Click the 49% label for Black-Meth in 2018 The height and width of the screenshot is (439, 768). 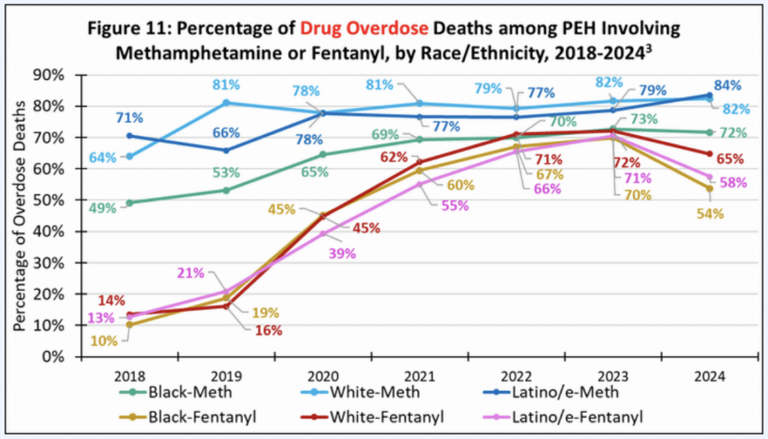pyautogui.click(x=101, y=208)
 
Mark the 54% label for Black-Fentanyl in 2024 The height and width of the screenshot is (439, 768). pyautogui.click(x=709, y=214)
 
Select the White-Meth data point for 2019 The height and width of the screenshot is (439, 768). pyautogui.click(x=226, y=103)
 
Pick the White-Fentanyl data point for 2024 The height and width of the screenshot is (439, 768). pyautogui.click(x=709, y=154)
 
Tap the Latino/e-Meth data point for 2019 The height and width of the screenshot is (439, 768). pyautogui.click(x=226, y=150)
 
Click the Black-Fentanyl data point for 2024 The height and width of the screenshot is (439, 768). pyautogui.click(x=709, y=188)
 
